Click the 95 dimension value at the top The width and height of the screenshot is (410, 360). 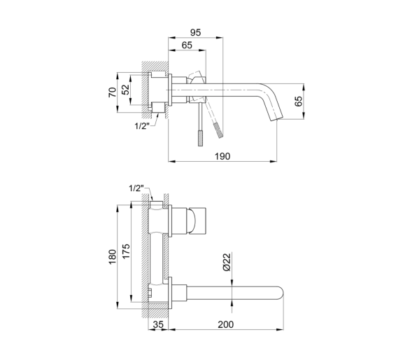pyautogui.click(x=195, y=32)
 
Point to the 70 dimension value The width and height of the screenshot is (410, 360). pyautogui.click(x=113, y=92)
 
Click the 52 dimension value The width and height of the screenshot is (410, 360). pyautogui.click(x=126, y=90)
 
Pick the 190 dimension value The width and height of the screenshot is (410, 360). pyautogui.click(x=222, y=156)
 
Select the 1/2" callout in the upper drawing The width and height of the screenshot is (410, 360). pyautogui.click(x=142, y=127)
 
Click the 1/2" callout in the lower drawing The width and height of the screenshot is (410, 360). pyautogui.click(x=136, y=188)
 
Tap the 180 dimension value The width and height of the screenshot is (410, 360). pyautogui.click(x=113, y=257)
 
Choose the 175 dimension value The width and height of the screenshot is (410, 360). pyautogui.click(x=126, y=251)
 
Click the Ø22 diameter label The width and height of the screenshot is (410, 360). pyautogui.click(x=227, y=262)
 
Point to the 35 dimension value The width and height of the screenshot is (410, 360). pyautogui.click(x=158, y=325)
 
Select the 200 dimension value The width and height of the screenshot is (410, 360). pyautogui.click(x=226, y=325)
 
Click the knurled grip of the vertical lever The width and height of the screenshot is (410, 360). pyautogui.click(x=201, y=138)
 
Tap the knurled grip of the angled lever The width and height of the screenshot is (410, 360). pyautogui.click(x=218, y=130)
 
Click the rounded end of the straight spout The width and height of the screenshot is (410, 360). pyautogui.click(x=281, y=293)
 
